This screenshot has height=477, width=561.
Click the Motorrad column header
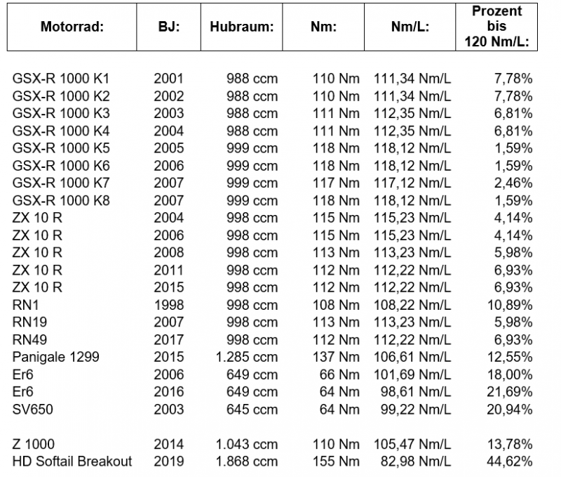[x=72, y=28]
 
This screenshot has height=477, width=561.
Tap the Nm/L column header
[x=410, y=28]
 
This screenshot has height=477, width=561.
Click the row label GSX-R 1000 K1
[x=61, y=79]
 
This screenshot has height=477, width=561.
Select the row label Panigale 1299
[x=56, y=357]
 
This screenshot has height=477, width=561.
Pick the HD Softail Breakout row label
[x=73, y=462]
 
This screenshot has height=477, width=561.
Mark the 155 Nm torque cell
[x=336, y=462]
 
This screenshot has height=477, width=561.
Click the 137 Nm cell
[x=336, y=357]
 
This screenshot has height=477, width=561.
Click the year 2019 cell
[x=168, y=462]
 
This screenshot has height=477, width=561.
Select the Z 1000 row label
[x=34, y=444]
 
